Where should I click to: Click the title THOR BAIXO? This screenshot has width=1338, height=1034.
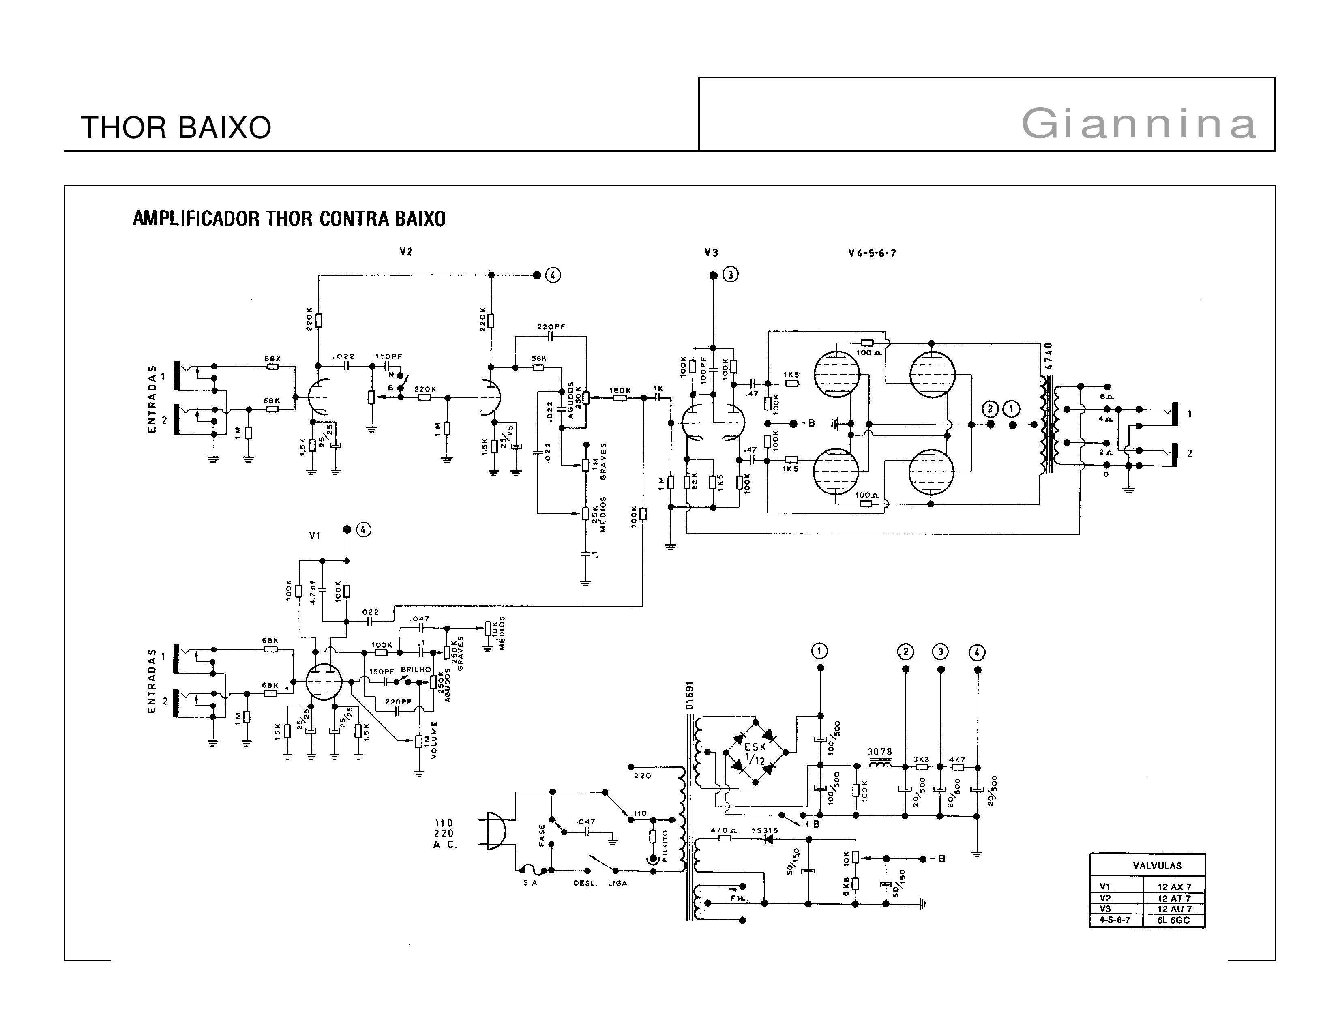click(176, 127)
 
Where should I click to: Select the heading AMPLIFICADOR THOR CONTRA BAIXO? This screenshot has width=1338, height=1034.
click(289, 219)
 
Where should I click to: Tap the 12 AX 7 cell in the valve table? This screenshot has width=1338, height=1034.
click(1174, 886)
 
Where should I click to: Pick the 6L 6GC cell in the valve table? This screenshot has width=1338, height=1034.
click(1173, 920)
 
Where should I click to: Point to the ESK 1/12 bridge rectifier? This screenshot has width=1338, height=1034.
click(755, 753)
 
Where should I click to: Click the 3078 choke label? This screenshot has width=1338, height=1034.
click(880, 752)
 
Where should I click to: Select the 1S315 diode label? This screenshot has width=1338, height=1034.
click(765, 830)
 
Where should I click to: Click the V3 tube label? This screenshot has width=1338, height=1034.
click(711, 252)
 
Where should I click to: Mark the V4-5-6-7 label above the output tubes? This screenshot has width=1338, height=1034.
click(872, 253)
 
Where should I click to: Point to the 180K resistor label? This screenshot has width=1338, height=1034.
click(620, 390)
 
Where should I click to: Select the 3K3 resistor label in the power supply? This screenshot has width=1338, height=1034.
click(922, 759)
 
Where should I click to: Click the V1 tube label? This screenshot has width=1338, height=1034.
click(315, 536)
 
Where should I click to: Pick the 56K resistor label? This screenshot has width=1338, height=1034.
click(539, 358)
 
